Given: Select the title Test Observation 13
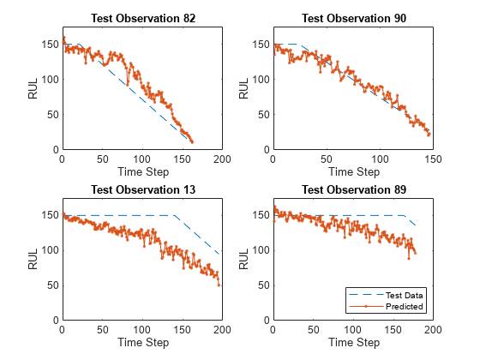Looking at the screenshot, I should coord(141,189).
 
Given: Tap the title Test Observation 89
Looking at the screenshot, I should coord(352,189).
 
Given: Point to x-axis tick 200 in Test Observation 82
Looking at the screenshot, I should coord(222,159).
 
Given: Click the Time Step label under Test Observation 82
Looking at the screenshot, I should coord(141,171).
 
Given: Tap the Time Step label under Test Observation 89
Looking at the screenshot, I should coord(352,342).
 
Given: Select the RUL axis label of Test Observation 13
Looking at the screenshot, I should coord(32,259).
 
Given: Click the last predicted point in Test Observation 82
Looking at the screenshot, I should coord(193,141).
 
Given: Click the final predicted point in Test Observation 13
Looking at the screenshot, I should coord(219,285).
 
